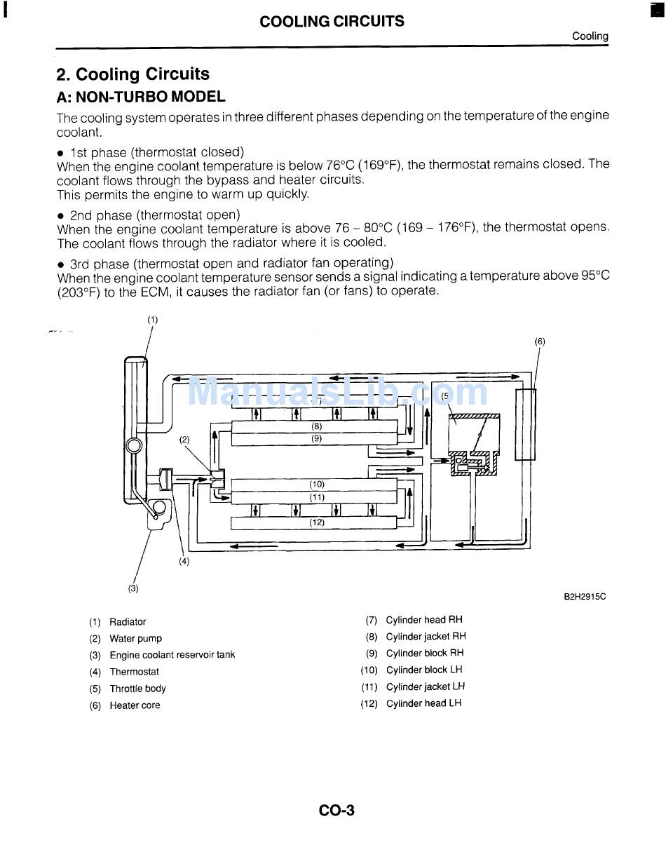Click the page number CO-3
[x=337, y=811]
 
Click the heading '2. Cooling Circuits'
[x=132, y=74]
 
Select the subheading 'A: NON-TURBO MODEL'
[x=141, y=97]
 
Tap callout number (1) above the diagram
[x=152, y=320]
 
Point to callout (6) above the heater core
[x=540, y=341]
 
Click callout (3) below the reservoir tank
[x=133, y=588]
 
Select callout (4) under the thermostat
[x=184, y=561]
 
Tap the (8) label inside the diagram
[x=317, y=426]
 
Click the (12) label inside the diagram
[x=317, y=522]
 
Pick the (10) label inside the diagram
[x=317, y=484]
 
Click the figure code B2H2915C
[x=585, y=597]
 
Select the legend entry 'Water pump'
[x=135, y=638]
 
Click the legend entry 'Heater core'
[x=135, y=705]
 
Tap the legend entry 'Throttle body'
[x=137, y=689]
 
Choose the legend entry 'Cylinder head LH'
[x=423, y=703]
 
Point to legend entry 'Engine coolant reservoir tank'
[x=172, y=655]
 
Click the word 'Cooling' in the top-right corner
[x=590, y=36]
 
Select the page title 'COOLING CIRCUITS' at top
[x=332, y=21]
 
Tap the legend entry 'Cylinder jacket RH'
[x=426, y=637]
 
